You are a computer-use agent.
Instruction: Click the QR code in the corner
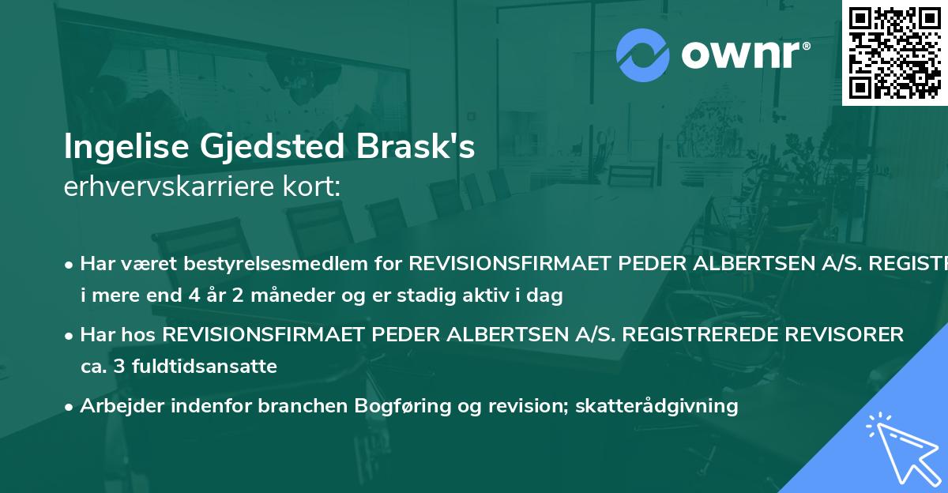click(894, 52)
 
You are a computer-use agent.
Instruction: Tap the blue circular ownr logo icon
click(643, 55)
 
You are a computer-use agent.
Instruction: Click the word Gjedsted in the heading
click(276, 148)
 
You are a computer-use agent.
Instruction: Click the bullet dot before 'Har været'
click(70, 264)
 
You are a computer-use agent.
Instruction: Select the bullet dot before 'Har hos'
click(70, 336)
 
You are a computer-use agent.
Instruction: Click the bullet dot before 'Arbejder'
click(70, 407)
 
